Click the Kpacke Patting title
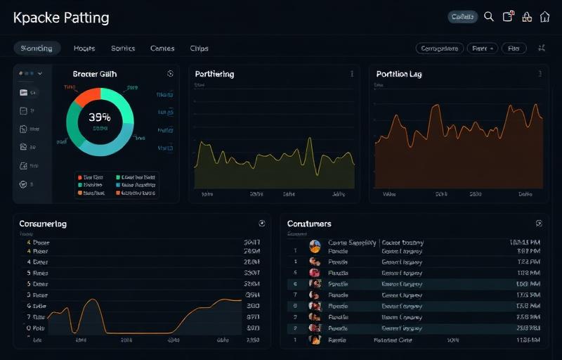(x=61, y=18)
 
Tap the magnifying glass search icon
(x=489, y=17)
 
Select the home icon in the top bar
(x=545, y=17)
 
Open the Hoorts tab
(x=84, y=49)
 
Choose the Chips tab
(x=199, y=49)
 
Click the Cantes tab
(x=162, y=49)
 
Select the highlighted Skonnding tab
(x=37, y=49)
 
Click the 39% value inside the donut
(x=100, y=117)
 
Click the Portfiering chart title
(x=214, y=74)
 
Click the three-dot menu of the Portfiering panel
(x=352, y=74)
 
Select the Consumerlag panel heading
(x=43, y=224)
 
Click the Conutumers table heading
(x=309, y=224)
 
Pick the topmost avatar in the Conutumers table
(x=315, y=246)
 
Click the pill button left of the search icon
(x=462, y=17)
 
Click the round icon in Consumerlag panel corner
(x=262, y=224)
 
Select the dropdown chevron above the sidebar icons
(x=40, y=73)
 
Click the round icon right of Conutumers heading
(x=539, y=224)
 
